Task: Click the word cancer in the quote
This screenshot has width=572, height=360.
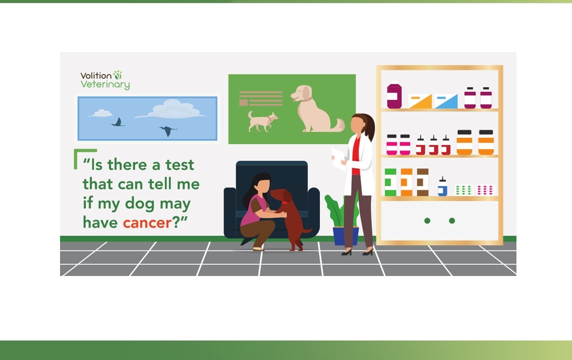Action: [x=147, y=222]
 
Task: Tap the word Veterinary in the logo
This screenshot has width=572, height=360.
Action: [x=105, y=84]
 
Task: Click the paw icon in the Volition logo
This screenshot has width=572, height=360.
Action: [x=118, y=74]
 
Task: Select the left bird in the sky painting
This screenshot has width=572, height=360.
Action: [x=118, y=122]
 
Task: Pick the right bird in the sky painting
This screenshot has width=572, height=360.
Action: [x=168, y=131]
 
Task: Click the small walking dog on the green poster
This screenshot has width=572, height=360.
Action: [x=262, y=121]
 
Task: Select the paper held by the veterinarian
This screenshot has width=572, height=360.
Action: [x=338, y=158]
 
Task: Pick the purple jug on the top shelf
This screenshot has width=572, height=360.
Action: [x=394, y=95]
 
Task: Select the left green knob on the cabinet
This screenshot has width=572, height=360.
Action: [x=427, y=220]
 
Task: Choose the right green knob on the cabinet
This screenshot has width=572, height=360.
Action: [x=452, y=220]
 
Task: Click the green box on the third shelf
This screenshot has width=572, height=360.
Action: [x=390, y=182]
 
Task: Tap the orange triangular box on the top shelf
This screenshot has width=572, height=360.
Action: [x=420, y=101]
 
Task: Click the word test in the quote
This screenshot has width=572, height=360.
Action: [x=180, y=164]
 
